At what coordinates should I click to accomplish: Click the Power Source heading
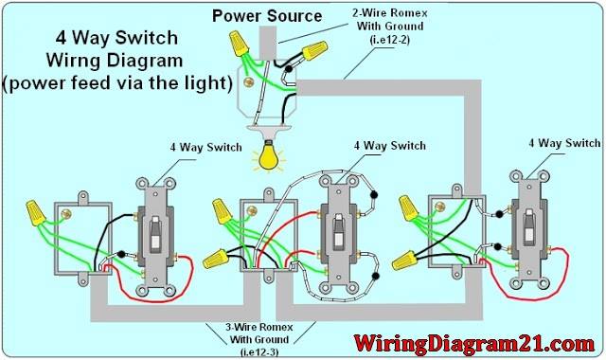point(267,16)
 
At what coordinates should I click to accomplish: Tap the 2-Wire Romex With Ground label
point(389,27)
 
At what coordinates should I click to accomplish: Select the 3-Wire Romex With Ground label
point(259,339)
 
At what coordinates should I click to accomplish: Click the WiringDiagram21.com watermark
point(474,343)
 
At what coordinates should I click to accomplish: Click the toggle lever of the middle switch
point(339,231)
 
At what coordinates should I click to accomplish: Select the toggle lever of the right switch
point(529,227)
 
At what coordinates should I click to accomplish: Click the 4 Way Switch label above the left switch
point(206,148)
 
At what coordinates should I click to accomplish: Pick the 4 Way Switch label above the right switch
point(564,143)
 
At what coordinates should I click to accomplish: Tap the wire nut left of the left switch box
point(36,212)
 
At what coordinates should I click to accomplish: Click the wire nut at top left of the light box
point(239,44)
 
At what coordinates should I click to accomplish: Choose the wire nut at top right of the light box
point(314,50)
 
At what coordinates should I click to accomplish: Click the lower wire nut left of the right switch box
point(405,261)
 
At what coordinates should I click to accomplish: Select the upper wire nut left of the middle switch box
point(223,211)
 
